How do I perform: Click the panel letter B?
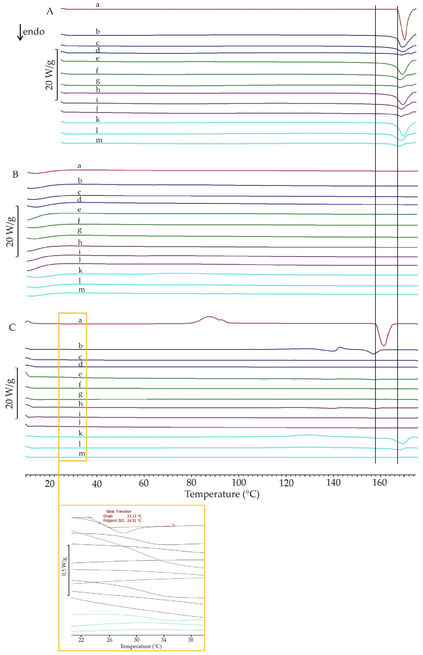15,175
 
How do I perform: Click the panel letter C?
12,327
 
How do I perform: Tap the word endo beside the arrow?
34,32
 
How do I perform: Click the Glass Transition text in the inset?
119,511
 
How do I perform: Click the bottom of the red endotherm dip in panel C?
384,345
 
